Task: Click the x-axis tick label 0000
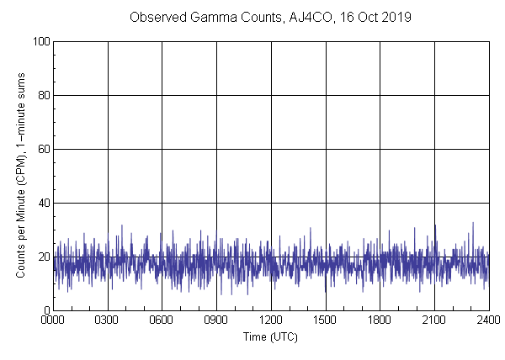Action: point(53,320)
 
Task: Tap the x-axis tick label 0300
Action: point(108,320)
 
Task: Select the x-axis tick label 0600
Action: point(162,320)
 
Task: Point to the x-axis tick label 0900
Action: point(216,320)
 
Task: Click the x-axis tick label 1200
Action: point(271,320)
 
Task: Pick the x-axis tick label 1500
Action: point(326,320)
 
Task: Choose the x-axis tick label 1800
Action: point(380,320)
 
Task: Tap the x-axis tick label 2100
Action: point(434,320)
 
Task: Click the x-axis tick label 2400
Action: point(489,320)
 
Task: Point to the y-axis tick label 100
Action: point(41,41)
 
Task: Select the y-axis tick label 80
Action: point(44,95)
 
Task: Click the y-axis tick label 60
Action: point(44,149)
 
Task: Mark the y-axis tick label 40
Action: point(44,203)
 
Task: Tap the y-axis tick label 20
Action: point(44,257)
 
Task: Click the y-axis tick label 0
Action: point(46,310)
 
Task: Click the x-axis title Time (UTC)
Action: point(270,336)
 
